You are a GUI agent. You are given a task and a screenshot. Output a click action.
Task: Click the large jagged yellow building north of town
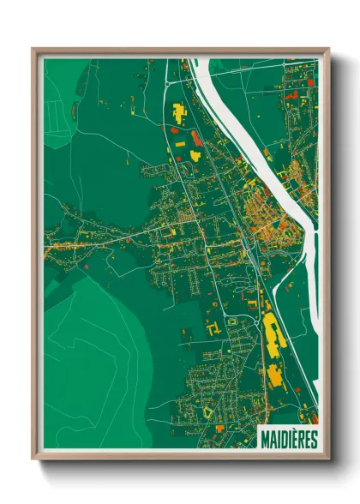click(180, 112)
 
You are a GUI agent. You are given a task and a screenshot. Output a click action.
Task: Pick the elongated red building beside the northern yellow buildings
click(196, 137)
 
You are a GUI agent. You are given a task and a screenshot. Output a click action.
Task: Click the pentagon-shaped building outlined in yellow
click(208, 412)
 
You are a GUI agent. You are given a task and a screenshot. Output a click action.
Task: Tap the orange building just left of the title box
click(220, 427)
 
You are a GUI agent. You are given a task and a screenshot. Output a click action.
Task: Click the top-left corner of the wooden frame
click(34, 50)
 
